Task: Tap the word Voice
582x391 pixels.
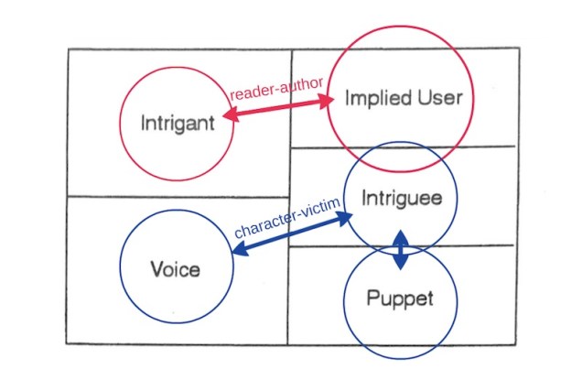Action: coord(174,268)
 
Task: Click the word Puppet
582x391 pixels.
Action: coord(399,299)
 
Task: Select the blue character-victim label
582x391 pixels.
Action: coord(287,217)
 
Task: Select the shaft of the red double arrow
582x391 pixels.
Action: coord(279,109)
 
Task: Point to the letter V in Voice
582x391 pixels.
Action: coord(155,268)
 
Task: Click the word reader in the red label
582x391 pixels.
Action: coord(249,94)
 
